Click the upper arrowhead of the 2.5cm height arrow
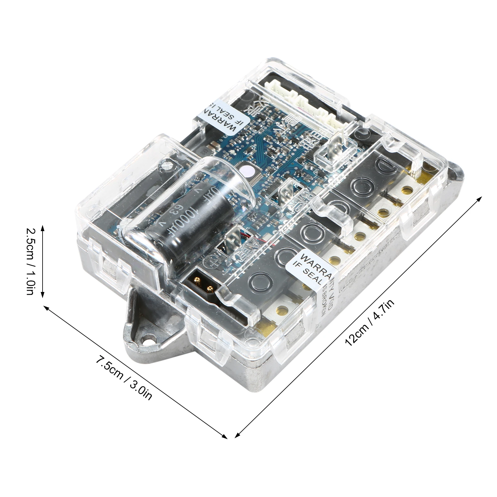(43, 228)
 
